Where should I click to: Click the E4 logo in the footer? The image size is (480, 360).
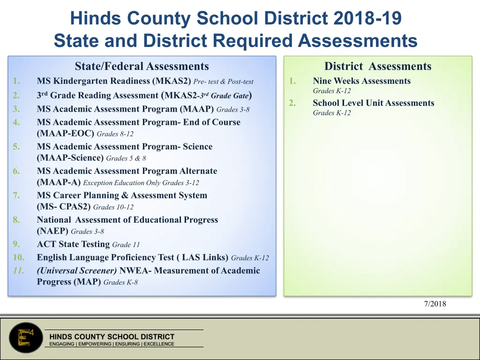pos(26,337)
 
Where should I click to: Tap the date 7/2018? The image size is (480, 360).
pos(435,304)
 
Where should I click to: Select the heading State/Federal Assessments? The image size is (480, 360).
pos(142,67)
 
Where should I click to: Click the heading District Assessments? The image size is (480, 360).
pos(378,67)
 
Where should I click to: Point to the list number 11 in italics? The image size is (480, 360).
pos(18,271)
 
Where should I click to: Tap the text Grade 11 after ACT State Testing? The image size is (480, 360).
pos(126,245)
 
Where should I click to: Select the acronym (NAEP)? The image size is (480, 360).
pos(52,231)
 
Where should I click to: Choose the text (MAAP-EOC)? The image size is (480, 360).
pos(66,134)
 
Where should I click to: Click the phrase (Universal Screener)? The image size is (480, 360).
pos(77,271)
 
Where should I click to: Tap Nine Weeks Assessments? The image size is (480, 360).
pos(361,81)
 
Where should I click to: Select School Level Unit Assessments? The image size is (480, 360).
pos(373,103)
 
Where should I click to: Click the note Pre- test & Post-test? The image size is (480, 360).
pos(226,82)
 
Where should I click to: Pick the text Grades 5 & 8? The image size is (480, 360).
pos(126,158)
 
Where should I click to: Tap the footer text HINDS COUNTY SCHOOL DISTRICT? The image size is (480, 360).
pos(112,337)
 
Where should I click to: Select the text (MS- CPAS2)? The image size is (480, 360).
pos(64,207)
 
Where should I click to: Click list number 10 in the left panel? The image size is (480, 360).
pos(19,257)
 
